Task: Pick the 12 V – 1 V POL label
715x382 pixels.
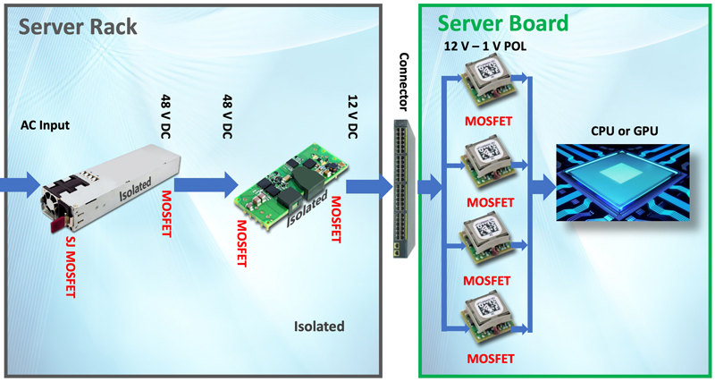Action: tap(489, 47)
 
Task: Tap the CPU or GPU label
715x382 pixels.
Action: tap(624, 132)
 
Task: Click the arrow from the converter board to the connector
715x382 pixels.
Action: tap(369, 186)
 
